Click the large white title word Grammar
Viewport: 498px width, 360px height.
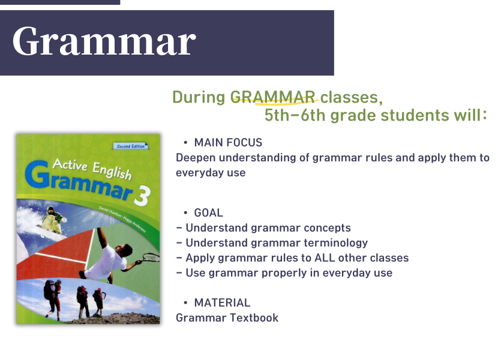tap(104, 42)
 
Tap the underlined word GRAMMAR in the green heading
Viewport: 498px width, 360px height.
tap(273, 97)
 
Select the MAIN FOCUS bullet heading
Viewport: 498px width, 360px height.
tap(228, 142)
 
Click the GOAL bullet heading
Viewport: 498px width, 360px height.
tap(208, 212)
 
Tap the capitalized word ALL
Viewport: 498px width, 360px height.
tap(324, 257)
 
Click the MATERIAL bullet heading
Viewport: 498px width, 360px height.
tap(222, 302)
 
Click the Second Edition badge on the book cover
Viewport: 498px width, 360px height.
tap(131, 146)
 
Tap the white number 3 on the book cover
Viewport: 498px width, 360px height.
tap(142, 196)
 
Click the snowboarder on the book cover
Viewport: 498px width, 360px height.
tap(52, 220)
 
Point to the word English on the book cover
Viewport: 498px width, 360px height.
tap(112, 170)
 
